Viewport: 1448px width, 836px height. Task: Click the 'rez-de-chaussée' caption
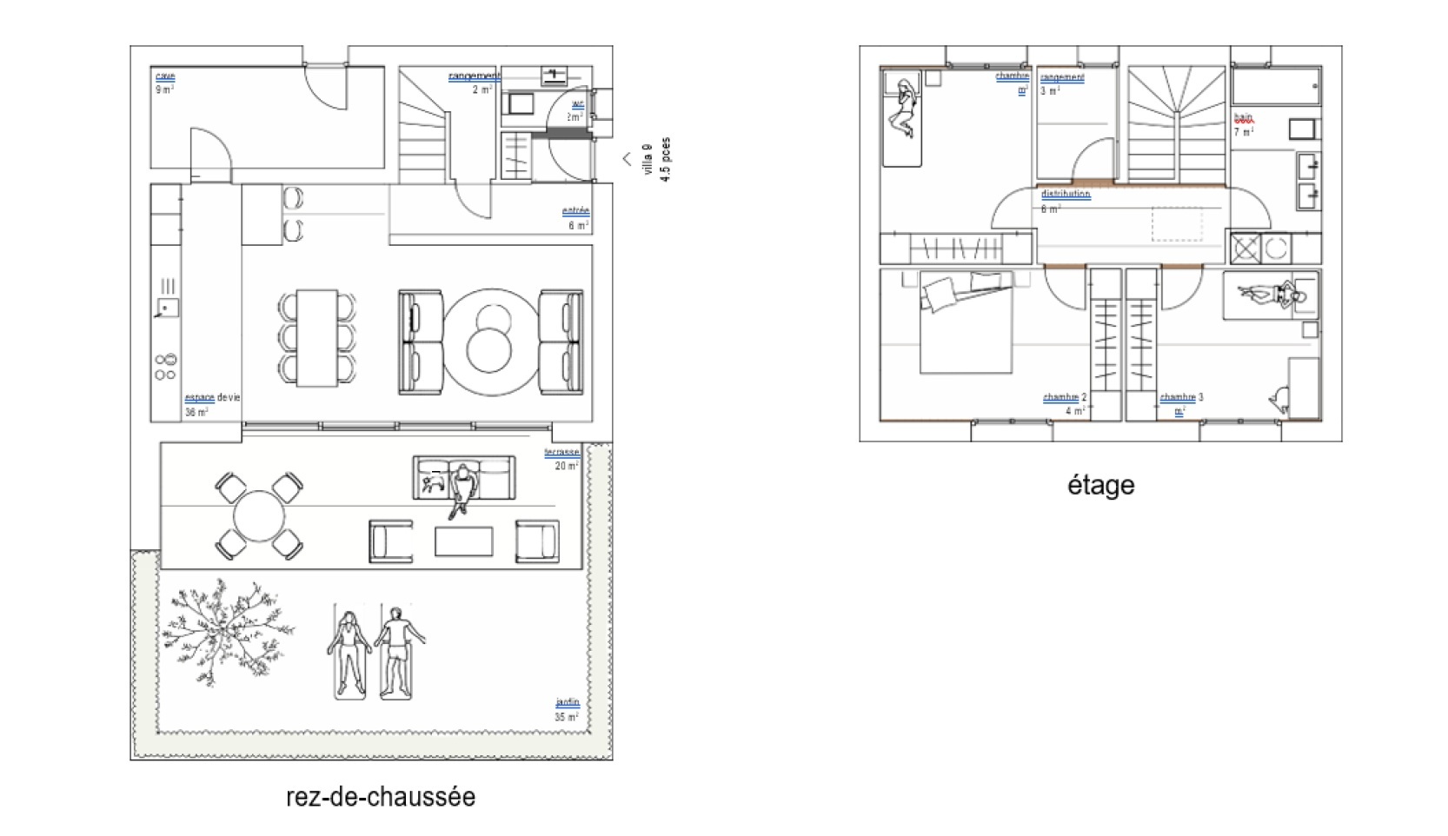click(381, 797)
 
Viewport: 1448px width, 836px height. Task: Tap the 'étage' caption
click(1100, 485)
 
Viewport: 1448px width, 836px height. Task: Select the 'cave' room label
click(164, 76)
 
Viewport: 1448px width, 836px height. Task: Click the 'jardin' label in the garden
click(567, 702)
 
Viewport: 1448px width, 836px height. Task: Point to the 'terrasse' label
click(561, 453)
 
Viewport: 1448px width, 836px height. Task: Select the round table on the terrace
click(258, 516)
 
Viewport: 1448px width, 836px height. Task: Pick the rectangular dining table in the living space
click(316, 337)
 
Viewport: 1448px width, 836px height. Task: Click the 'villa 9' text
click(648, 159)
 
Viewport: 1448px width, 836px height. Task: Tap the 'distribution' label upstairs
click(1066, 194)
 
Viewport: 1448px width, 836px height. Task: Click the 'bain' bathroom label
click(1244, 118)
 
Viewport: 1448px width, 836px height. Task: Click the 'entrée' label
click(575, 211)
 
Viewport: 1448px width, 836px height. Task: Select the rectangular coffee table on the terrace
click(463, 541)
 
